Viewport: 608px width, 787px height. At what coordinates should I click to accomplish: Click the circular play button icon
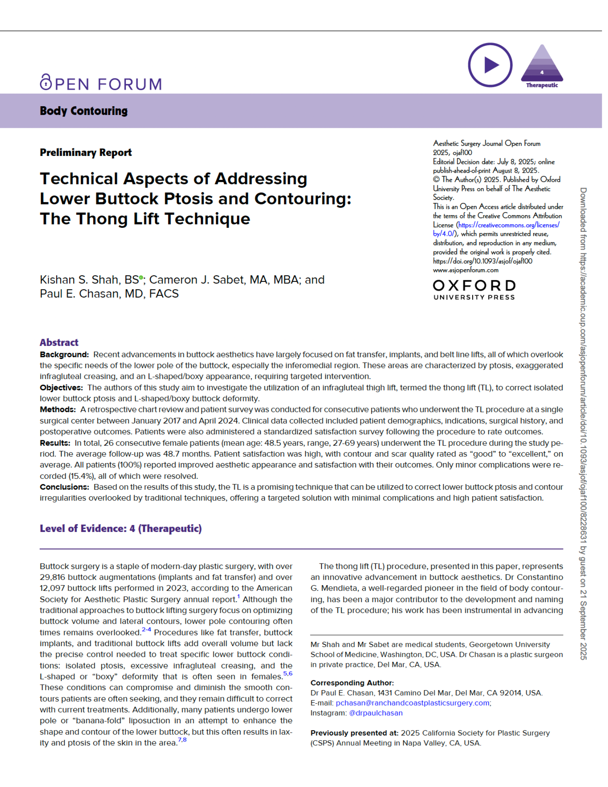click(x=490, y=65)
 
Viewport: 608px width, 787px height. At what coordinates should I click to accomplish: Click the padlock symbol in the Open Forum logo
click(x=46, y=82)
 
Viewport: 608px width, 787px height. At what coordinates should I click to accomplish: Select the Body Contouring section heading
click(x=83, y=111)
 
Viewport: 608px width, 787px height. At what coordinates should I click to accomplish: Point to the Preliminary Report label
click(x=85, y=152)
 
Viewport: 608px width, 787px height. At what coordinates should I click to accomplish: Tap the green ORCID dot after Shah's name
click(x=141, y=277)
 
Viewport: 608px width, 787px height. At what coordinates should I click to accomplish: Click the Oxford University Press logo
click(x=474, y=290)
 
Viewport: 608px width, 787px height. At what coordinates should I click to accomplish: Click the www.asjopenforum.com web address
click(x=465, y=270)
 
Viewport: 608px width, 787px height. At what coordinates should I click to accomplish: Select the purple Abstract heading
click(x=59, y=342)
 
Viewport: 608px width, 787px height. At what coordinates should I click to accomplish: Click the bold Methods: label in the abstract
click(x=58, y=410)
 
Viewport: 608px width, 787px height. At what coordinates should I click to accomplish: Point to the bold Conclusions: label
click(x=64, y=487)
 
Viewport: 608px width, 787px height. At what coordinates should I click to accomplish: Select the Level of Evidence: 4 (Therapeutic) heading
click(x=120, y=528)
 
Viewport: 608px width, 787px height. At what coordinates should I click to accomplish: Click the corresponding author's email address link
click(x=412, y=703)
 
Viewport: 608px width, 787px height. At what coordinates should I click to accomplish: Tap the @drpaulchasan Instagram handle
click(x=375, y=713)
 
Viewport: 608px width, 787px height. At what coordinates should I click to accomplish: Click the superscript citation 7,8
click(x=182, y=740)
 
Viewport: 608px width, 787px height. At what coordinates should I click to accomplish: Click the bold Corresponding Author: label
click(x=352, y=683)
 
